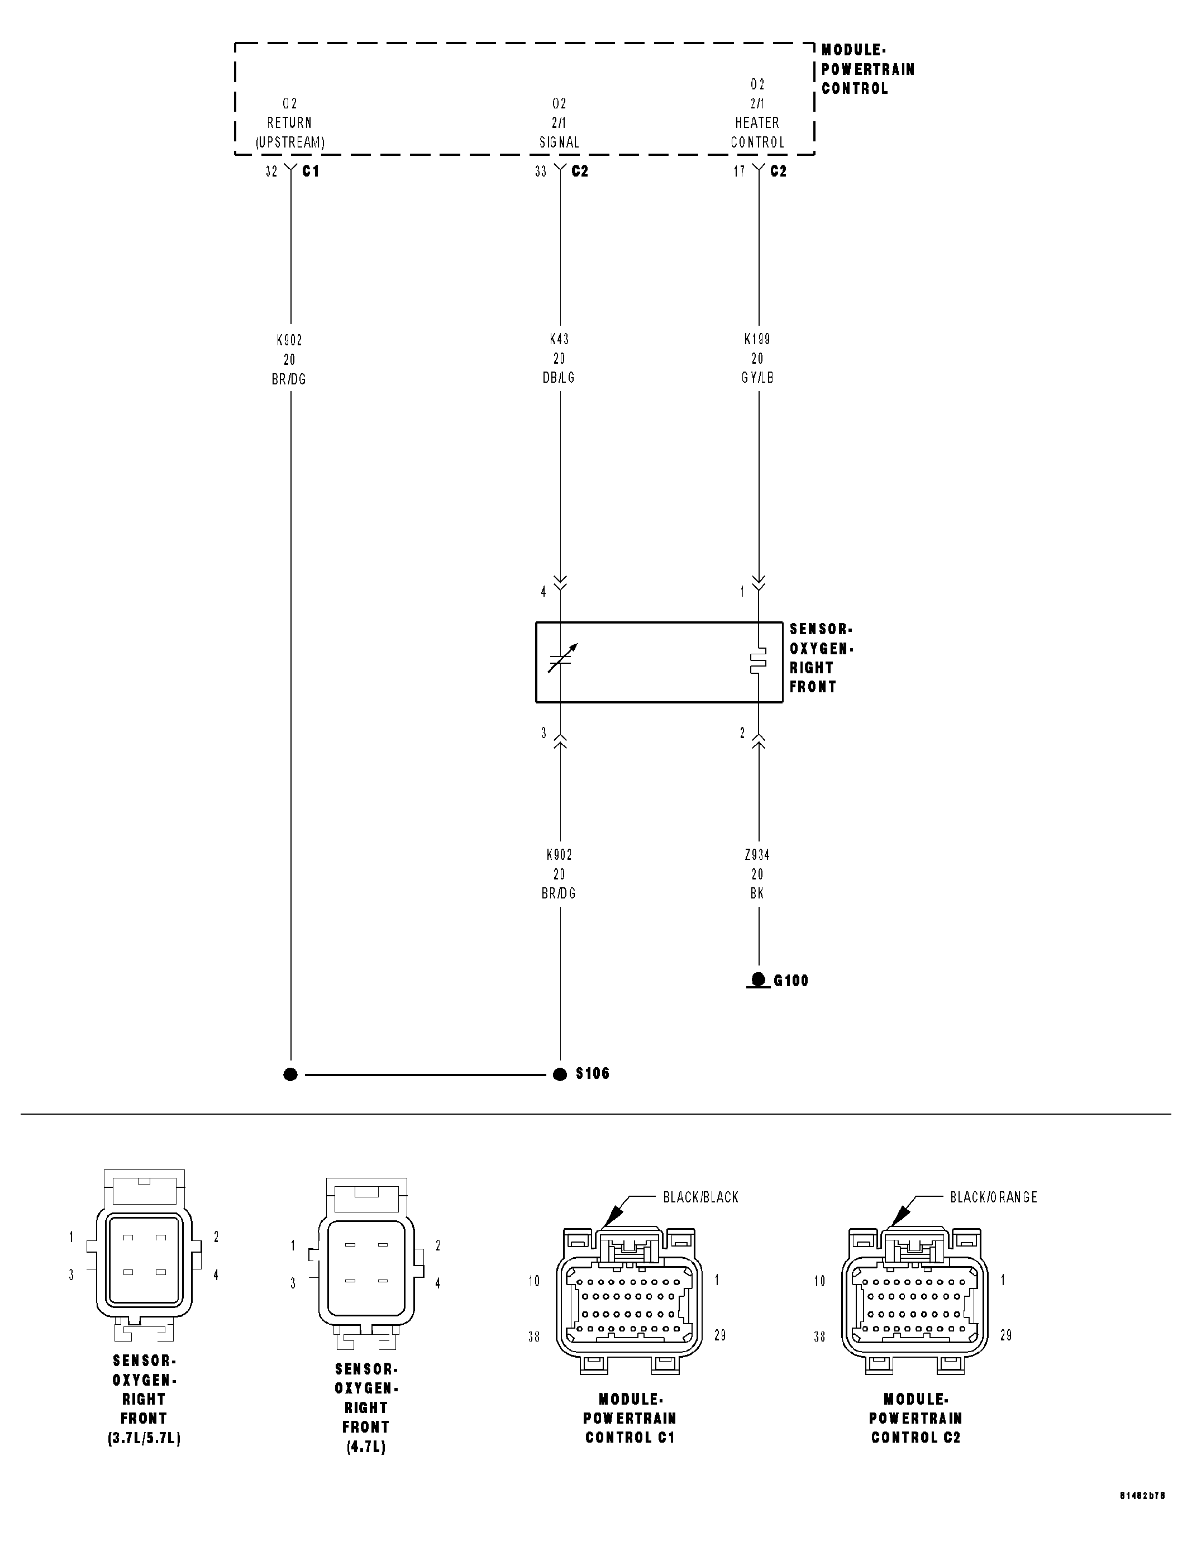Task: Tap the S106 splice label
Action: [x=593, y=1073]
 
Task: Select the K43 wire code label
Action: [x=559, y=339]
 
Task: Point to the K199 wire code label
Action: [x=757, y=339]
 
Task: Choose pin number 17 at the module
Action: [x=739, y=172]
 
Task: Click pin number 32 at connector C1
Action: [x=271, y=172]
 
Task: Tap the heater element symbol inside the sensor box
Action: [x=757, y=661]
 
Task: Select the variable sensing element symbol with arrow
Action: [x=562, y=659]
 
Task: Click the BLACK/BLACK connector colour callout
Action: [x=700, y=1197]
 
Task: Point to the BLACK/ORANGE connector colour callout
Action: [x=993, y=1197]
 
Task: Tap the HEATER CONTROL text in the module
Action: [x=757, y=132]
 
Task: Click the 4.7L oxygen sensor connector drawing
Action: [x=366, y=1270]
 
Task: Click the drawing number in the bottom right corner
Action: [x=1142, y=1516]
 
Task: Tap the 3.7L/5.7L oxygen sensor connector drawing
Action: [x=144, y=1259]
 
